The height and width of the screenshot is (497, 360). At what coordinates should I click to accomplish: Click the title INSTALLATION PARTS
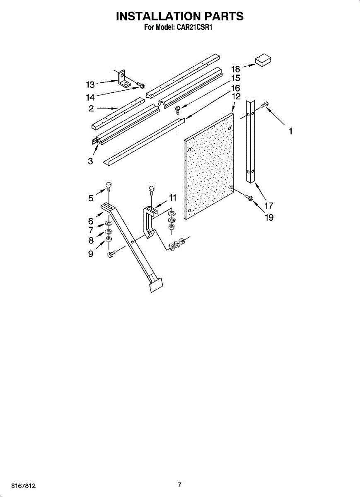(179, 16)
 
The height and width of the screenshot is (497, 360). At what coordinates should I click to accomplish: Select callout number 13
(90, 84)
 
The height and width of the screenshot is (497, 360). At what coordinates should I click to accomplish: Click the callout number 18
(236, 69)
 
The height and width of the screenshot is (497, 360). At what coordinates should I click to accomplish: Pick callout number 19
(269, 217)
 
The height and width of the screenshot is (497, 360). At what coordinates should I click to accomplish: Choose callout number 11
(172, 198)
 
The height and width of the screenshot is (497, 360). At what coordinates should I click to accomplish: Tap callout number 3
(90, 161)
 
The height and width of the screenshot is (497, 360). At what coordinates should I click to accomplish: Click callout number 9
(90, 254)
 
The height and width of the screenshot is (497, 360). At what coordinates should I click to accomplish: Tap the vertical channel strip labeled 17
(251, 141)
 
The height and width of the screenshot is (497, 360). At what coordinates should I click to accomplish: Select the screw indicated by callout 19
(249, 198)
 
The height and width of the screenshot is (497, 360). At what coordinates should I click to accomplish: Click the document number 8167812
(14, 485)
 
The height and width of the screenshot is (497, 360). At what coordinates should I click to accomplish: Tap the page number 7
(179, 485)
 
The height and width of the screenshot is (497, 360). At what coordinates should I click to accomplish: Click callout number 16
(235, 88)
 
